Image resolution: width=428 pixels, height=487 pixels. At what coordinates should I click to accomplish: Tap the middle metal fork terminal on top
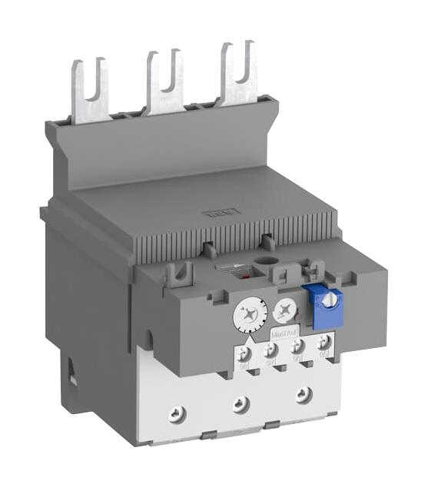point(164,81)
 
